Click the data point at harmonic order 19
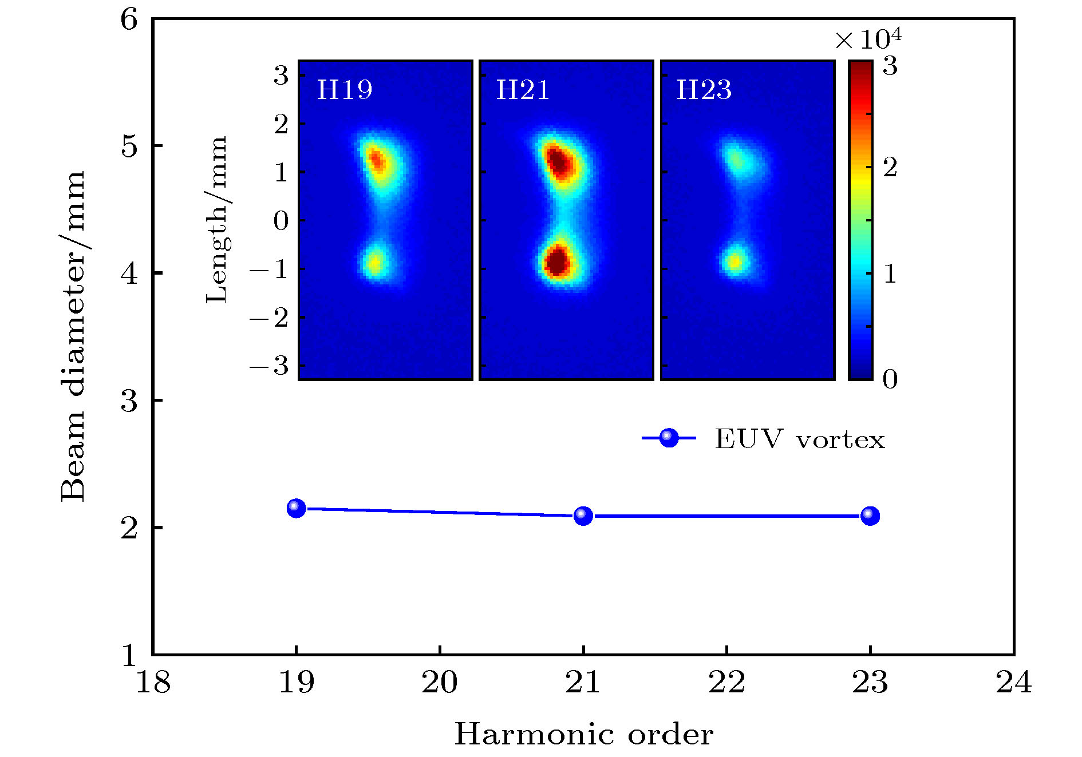click(296, 508)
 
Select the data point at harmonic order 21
click(583, 516)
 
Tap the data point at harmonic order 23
click(870, 516)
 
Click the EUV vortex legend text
click(799, 439)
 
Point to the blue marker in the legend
click(669, 438)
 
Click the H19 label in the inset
click(345, 90)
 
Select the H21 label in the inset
click(523, 90)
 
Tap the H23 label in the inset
click(704, 90)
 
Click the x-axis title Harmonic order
click(583, 734)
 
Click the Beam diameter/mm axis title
click(73, 336)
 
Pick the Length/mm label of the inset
click(217, 220)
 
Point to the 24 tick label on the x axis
click(1013, 682)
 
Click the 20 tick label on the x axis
click(440, 682)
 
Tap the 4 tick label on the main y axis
click(129, 274)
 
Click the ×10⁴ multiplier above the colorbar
click(868, 39)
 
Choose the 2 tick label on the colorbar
click(890, 167)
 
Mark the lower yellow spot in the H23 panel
click(735, 262)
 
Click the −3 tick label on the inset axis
click(269, 365)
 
